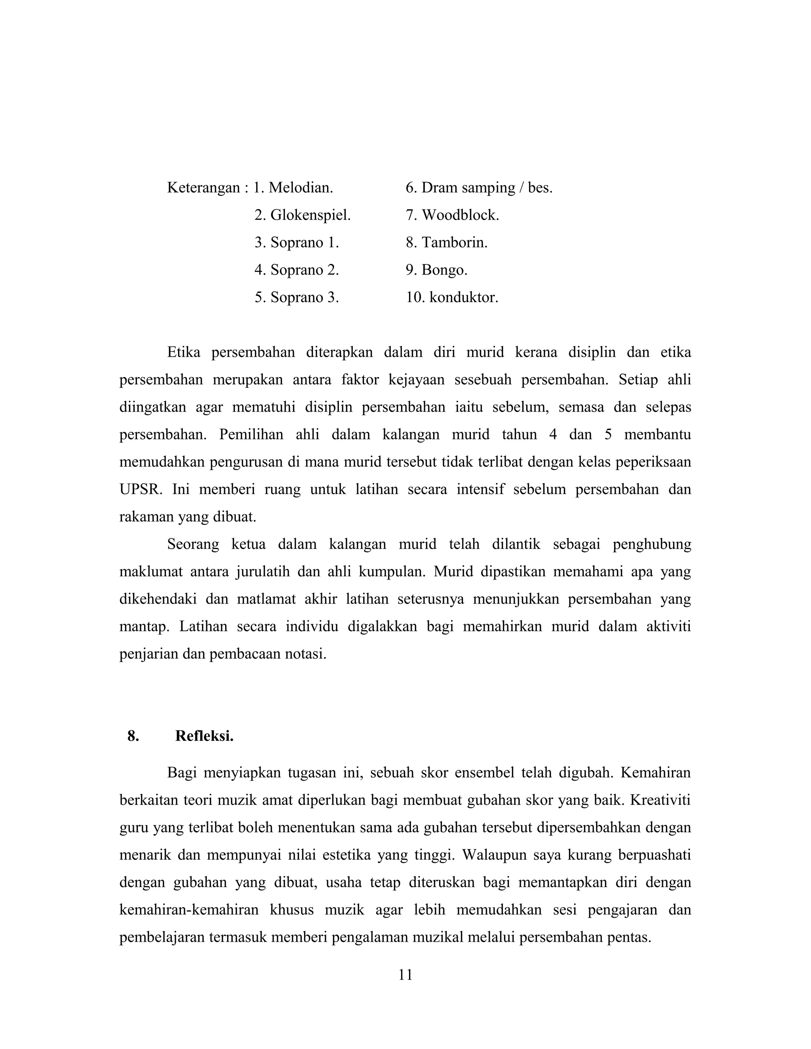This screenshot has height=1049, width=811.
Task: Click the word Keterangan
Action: pyautogui.click(x=203, y=188)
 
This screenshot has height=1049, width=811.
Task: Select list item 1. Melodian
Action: pyautogui.click(x=293, y=188)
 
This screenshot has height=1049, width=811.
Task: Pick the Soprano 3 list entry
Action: pyautogui.click(x=297, y=297)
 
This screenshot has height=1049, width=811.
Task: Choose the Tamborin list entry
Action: pyautogui.click(x=446, y=243)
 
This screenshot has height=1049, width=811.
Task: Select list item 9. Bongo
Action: pyautogui.click(x=436, y=270)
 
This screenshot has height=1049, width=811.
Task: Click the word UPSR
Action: pyautogui.click(x=141, y=489)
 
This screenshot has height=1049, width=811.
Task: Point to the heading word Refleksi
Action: pyautogui.click(x=204, y=736)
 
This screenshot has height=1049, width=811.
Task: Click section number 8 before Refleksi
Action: pyautogui.click(x=133, y=736)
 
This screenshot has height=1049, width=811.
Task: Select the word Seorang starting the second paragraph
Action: pyautogui.click(x=193, y=544)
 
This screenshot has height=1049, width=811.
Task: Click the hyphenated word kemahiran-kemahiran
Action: pyautogui.click(x=189, y=910)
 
